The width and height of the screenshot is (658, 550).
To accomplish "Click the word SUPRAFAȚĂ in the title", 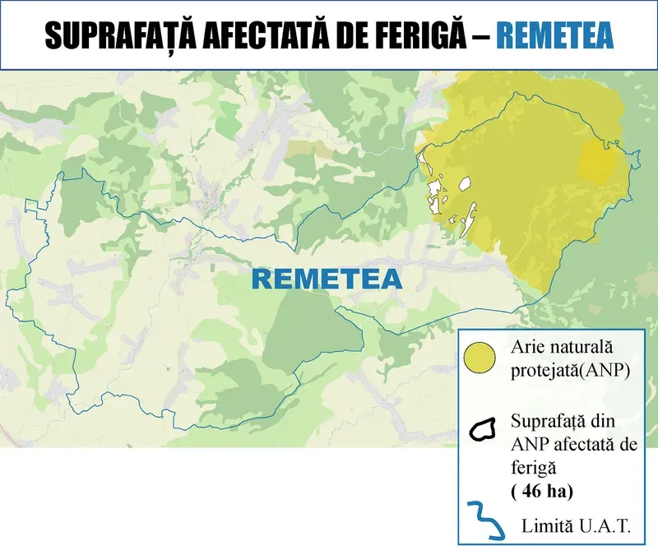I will (116, 37).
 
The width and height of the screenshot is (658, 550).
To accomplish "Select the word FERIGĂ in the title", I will (433, 37).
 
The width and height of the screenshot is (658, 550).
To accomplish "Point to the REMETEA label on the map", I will (327, 279).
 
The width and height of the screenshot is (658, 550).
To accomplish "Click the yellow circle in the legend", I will (479, 358).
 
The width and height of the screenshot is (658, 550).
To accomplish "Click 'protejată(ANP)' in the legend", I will (570, 371).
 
